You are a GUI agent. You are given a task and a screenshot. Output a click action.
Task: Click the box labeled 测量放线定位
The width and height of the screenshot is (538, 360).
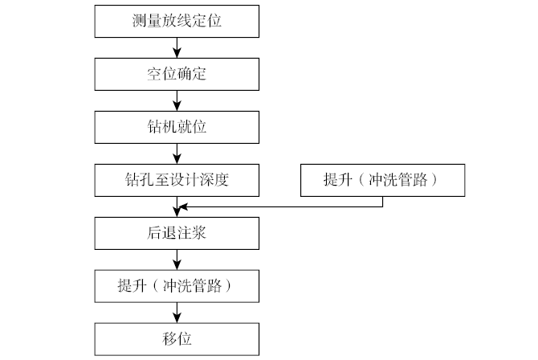click(177, 20)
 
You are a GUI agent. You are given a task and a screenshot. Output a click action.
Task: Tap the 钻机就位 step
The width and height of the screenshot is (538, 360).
click(177, 126)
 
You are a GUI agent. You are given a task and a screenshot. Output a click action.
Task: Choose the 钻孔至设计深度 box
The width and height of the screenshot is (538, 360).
click(177, 179)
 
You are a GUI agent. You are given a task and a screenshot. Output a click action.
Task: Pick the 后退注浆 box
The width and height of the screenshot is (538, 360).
click(177, 232)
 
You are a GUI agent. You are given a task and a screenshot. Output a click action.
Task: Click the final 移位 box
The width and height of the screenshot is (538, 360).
click(177, 338)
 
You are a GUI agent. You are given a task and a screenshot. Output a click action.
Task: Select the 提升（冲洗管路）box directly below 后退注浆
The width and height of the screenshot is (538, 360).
click(177, 285)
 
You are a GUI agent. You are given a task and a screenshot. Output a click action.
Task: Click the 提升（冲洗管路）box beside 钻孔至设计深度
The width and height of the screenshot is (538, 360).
click(381, 179)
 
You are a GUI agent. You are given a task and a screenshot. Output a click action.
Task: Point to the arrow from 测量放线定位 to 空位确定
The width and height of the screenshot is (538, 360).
click(177, 47)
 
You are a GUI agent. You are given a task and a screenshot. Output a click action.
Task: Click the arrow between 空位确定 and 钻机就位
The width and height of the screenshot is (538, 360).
click(177, 100)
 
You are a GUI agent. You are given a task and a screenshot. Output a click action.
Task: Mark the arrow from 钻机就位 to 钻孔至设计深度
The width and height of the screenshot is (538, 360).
click(177, 153)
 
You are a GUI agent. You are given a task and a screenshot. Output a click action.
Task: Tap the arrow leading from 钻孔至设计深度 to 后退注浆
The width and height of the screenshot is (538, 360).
click(177, 206)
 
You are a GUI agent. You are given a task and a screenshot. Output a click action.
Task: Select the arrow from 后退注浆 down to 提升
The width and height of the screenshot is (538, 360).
click(177, 259)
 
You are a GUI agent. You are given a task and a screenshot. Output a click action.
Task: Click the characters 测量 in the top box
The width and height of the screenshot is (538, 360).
click(145, 20)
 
